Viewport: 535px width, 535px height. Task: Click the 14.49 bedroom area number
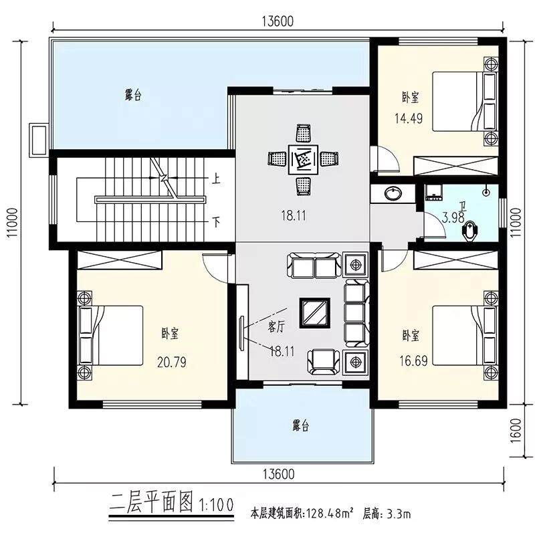tap(409, 118)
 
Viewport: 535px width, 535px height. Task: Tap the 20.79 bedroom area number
tap(172, 362)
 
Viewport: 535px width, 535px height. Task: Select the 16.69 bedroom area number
tap(413, 360)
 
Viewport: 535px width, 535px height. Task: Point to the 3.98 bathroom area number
tap(453, 217)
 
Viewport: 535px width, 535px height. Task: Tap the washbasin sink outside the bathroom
tap(393, 194)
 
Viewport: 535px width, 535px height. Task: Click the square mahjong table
tap(303, 160)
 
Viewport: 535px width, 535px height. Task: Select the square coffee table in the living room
tap(314, 313)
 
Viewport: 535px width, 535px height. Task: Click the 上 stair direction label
tap(215, 179)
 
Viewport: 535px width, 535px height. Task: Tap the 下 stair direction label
tap(216, 223)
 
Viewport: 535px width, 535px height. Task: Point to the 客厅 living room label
tap(276, 327)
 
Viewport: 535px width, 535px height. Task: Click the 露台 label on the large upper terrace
tap(133, 95)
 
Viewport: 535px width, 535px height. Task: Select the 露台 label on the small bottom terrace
tap(300, 425)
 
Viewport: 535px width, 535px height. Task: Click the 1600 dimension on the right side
tap(517, 431)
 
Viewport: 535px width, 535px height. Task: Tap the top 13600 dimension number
tap(278, 21)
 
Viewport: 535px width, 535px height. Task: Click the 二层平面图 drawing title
tap(151, 502)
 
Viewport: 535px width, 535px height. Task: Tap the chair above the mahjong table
tap(304, 133)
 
